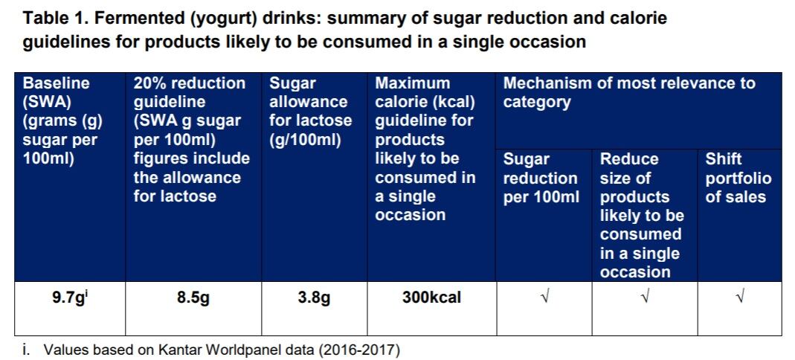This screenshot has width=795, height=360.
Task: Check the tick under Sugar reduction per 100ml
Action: point(544,298)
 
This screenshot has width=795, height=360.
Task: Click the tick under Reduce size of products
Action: point(644,298)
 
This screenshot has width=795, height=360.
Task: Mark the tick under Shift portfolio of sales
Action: point(739,298)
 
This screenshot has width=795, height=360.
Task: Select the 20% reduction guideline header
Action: point(191,140)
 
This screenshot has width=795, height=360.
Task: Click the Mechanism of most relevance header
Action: point(629,92)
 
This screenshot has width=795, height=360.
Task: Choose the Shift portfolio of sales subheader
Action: point(738,178)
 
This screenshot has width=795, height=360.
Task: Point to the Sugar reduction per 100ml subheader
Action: point(541,178)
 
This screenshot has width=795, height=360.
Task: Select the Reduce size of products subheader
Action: point(641,215)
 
